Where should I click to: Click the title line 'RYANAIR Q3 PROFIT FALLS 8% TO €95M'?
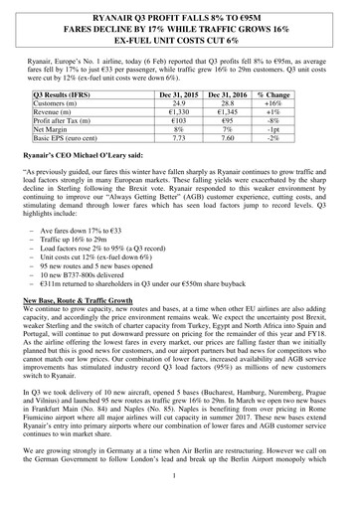point(180,16)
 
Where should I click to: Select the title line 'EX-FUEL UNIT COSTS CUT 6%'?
point(180,41)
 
